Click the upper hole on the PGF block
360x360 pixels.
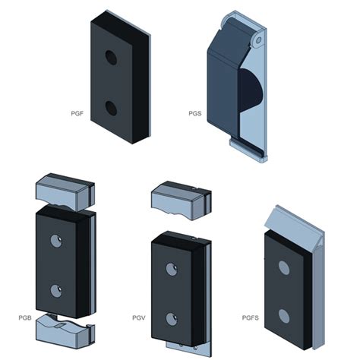pyautogui.click(x=111, y=58)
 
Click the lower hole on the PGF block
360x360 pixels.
pyautogui.click(x=112, y=108)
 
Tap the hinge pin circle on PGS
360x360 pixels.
pyautogui.click(x=259, y=37)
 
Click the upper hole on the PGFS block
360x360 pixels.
pyautogui.click(x=283, y=267)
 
